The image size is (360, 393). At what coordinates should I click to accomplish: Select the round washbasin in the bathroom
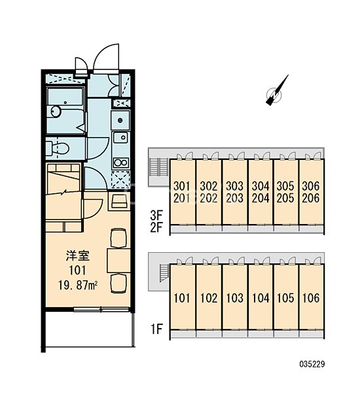[x=56, y=111]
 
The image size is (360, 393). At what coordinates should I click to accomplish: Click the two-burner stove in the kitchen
[x=120, y=162]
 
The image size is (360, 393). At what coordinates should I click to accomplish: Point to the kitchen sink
[x=120, y=138]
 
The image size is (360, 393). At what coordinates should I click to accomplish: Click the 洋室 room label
[x=77, y=256]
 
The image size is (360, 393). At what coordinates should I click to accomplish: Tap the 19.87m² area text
[x=78, y=285]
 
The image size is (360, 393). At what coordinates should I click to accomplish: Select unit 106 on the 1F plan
[x=311, y=298]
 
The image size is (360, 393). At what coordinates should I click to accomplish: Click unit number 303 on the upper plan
[x=234, y=186]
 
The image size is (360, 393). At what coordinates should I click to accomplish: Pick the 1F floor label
[x=156, y=329]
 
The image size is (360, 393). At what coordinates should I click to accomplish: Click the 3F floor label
[x=156, y=215]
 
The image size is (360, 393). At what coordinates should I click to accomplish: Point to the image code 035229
[x=312, y=364]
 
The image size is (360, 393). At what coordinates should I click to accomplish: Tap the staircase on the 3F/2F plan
[x=155, y=167]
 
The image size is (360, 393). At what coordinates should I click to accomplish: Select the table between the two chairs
[x=118, y=261]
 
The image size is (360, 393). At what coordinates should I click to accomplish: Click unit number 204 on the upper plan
[x=261, y=198]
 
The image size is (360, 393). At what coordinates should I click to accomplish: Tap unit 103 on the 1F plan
[x=235, y=298]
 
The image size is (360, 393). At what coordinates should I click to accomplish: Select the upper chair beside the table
[x=118, y=238]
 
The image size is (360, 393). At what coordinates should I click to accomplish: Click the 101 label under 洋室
[x=77, y=271]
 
